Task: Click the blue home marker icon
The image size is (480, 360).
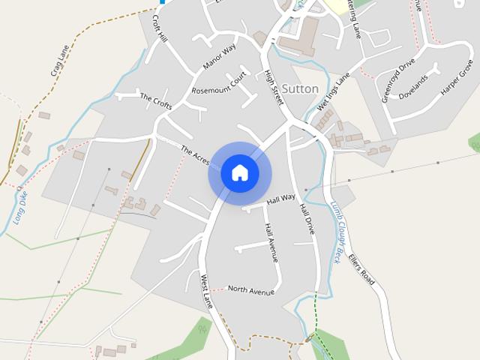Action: (239, 173)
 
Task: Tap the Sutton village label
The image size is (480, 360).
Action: (300, 88)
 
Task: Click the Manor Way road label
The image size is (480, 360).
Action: (219, 57)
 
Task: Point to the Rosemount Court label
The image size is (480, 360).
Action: (219, 89)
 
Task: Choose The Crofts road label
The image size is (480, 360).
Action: (156, 101)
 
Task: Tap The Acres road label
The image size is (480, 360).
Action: (196, 156)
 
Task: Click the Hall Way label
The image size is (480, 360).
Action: (281, 199)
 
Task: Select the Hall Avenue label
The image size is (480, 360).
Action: (271, 242)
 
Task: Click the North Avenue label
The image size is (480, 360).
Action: (250, 289)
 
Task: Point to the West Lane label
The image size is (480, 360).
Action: (207, 291)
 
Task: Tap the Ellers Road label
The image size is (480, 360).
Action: (365, 267)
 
